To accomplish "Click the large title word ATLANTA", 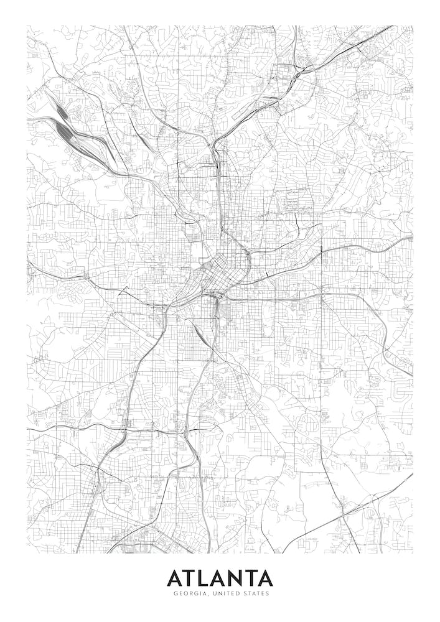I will (x=219, y=578).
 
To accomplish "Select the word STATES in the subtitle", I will (x=255, y=593).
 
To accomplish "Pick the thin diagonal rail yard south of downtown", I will (x=203, y=336).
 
